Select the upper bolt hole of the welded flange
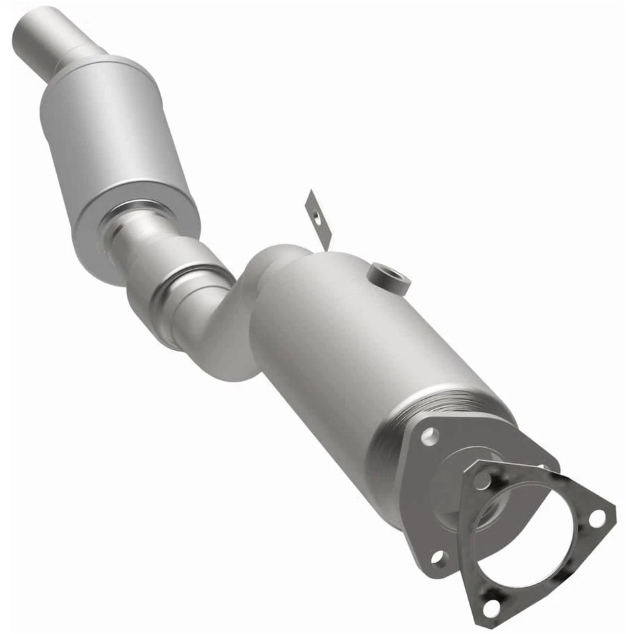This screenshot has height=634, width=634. pos(430,435)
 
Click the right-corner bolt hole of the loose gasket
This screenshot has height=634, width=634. pos(596,518)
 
